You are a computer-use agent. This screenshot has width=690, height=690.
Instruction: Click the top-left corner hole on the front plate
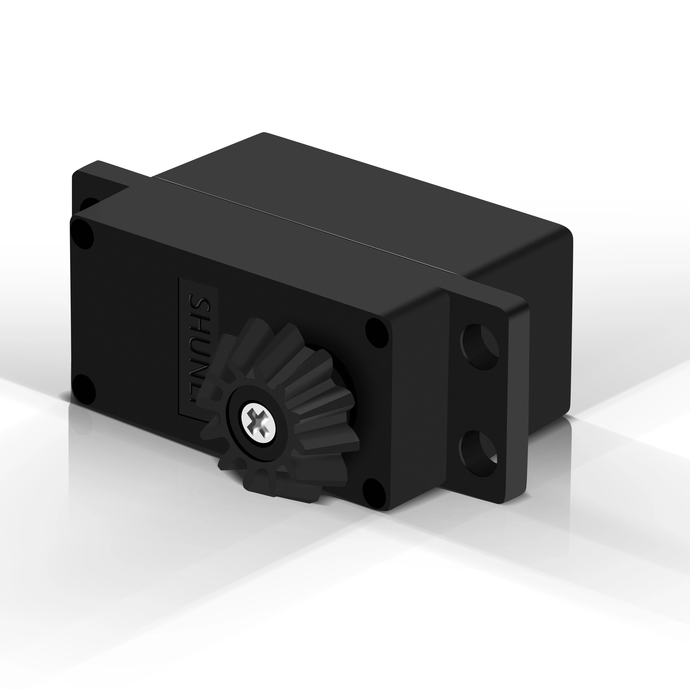[82, 234]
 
